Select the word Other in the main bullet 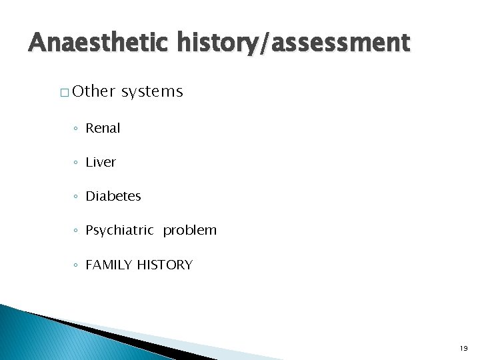point(93,91)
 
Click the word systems point(152,91)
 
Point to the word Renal point(103,128)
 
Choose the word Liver point(101,162)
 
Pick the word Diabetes point(113,196)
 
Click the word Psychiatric point(119,231)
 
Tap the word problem point(190,231)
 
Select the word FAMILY point(109,265)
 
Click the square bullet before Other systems point(63,93)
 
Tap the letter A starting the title point(37,43)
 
